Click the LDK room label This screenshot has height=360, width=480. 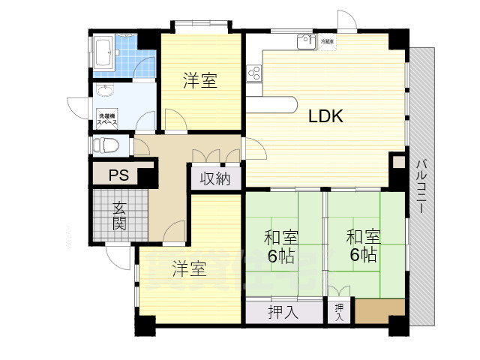(x=326, y=116)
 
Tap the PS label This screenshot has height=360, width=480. (x=118, y=176)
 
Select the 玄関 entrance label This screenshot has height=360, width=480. (x=119, y=214)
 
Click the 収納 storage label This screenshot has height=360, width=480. (x=214, y=178)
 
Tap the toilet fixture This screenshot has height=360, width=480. (x=106, y=145)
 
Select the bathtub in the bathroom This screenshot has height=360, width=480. (x=104, y=54)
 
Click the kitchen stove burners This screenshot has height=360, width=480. (x=253, y=73)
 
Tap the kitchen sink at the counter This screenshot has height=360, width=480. (x=304, y=42)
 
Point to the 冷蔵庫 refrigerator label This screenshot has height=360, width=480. (x=328, y=41)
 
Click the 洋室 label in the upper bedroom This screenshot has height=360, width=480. (x=200, y=81)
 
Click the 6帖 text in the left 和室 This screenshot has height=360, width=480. (x=281, y=254)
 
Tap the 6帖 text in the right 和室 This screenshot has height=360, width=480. (x=363, y=254)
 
